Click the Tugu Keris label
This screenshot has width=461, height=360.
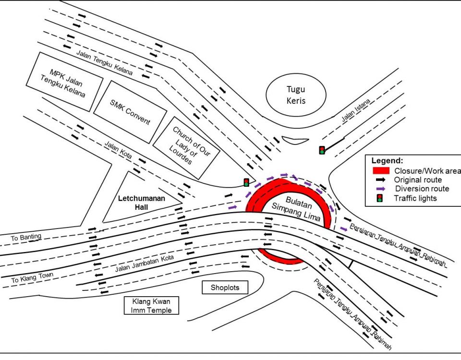296,95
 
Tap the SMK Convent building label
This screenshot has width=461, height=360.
130,112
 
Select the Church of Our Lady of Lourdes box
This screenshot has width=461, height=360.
186,145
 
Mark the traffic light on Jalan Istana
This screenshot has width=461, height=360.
322,150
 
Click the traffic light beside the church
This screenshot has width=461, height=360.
246,182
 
